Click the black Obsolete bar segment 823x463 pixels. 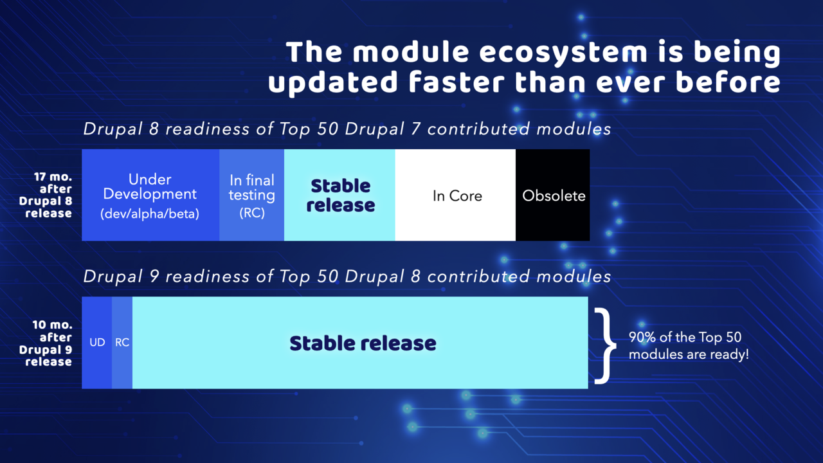tap(553, 195)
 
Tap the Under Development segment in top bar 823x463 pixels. tap(150, 195)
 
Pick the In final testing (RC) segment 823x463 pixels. tap(251, 195)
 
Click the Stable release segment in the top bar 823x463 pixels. tap(340, 195)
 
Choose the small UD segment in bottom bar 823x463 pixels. tap(97, 343)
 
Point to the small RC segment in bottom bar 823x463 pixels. tap(122, 343)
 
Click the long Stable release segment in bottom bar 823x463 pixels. tap(362, 343)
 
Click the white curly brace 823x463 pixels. tap(602, 345)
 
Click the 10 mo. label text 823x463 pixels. tap(52, 325)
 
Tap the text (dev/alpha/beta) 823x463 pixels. tap(150, 214)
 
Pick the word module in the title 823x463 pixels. tap(401, 53)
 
